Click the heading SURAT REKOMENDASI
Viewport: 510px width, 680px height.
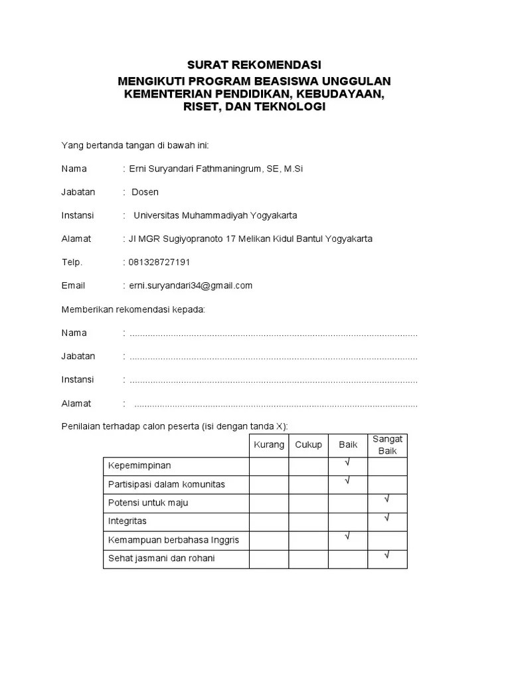click(x=254, y=64)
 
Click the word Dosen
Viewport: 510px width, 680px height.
click(x=145, y=192)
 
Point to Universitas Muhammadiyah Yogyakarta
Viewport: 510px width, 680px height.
click(x=215, y=215)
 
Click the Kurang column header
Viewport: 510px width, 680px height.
click(x=269, y=445)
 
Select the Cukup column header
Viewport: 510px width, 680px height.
click(x=308, y=445)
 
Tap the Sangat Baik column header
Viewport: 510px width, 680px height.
click(x=387, y=445)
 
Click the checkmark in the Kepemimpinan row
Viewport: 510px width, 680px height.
click(x=347, y=463)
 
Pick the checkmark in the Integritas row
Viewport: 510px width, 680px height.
click(x=386, y=518)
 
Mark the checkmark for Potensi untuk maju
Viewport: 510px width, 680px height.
click(x=386, y=499)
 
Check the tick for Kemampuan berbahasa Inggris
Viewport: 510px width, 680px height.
click(x=347, y=537)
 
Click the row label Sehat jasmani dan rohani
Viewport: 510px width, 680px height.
click(x=161, y=558)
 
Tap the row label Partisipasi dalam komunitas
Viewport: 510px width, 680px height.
click(x=166, y=484)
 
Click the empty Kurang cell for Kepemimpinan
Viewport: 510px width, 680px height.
click(x=269, y=466)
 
